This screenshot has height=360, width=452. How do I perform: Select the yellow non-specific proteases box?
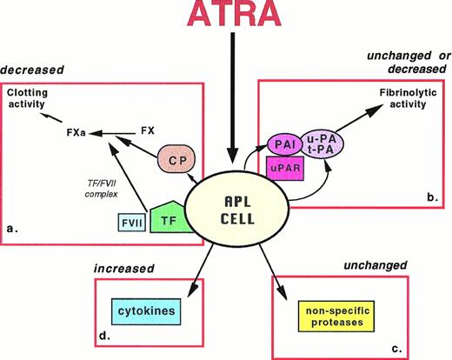pyautogui.click(x=334, y=312)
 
